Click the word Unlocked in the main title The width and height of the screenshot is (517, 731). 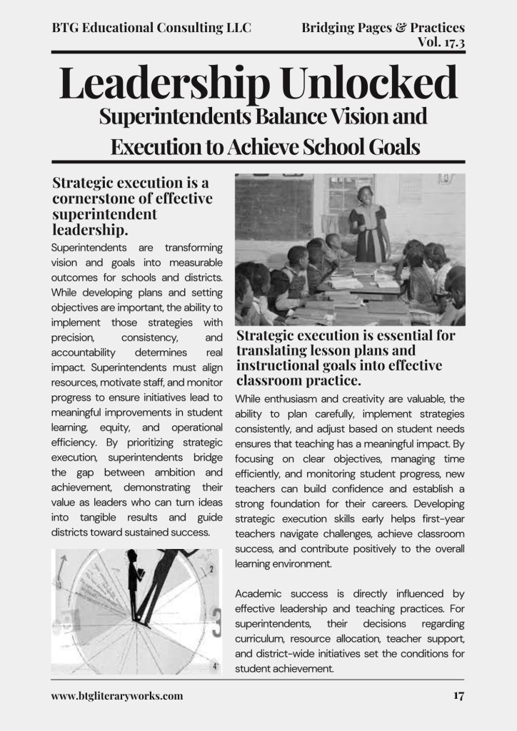click(x=370, y=83)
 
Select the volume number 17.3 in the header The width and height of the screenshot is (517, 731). click(x=451, y=42)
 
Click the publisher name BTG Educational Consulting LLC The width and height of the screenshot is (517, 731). click(x=151, y=28)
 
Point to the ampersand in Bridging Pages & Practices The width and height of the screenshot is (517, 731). click(x=403, y=28)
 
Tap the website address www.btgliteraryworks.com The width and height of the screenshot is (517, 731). click(x=117, y=695)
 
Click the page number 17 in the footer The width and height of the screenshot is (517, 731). click(x=458, y=695)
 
